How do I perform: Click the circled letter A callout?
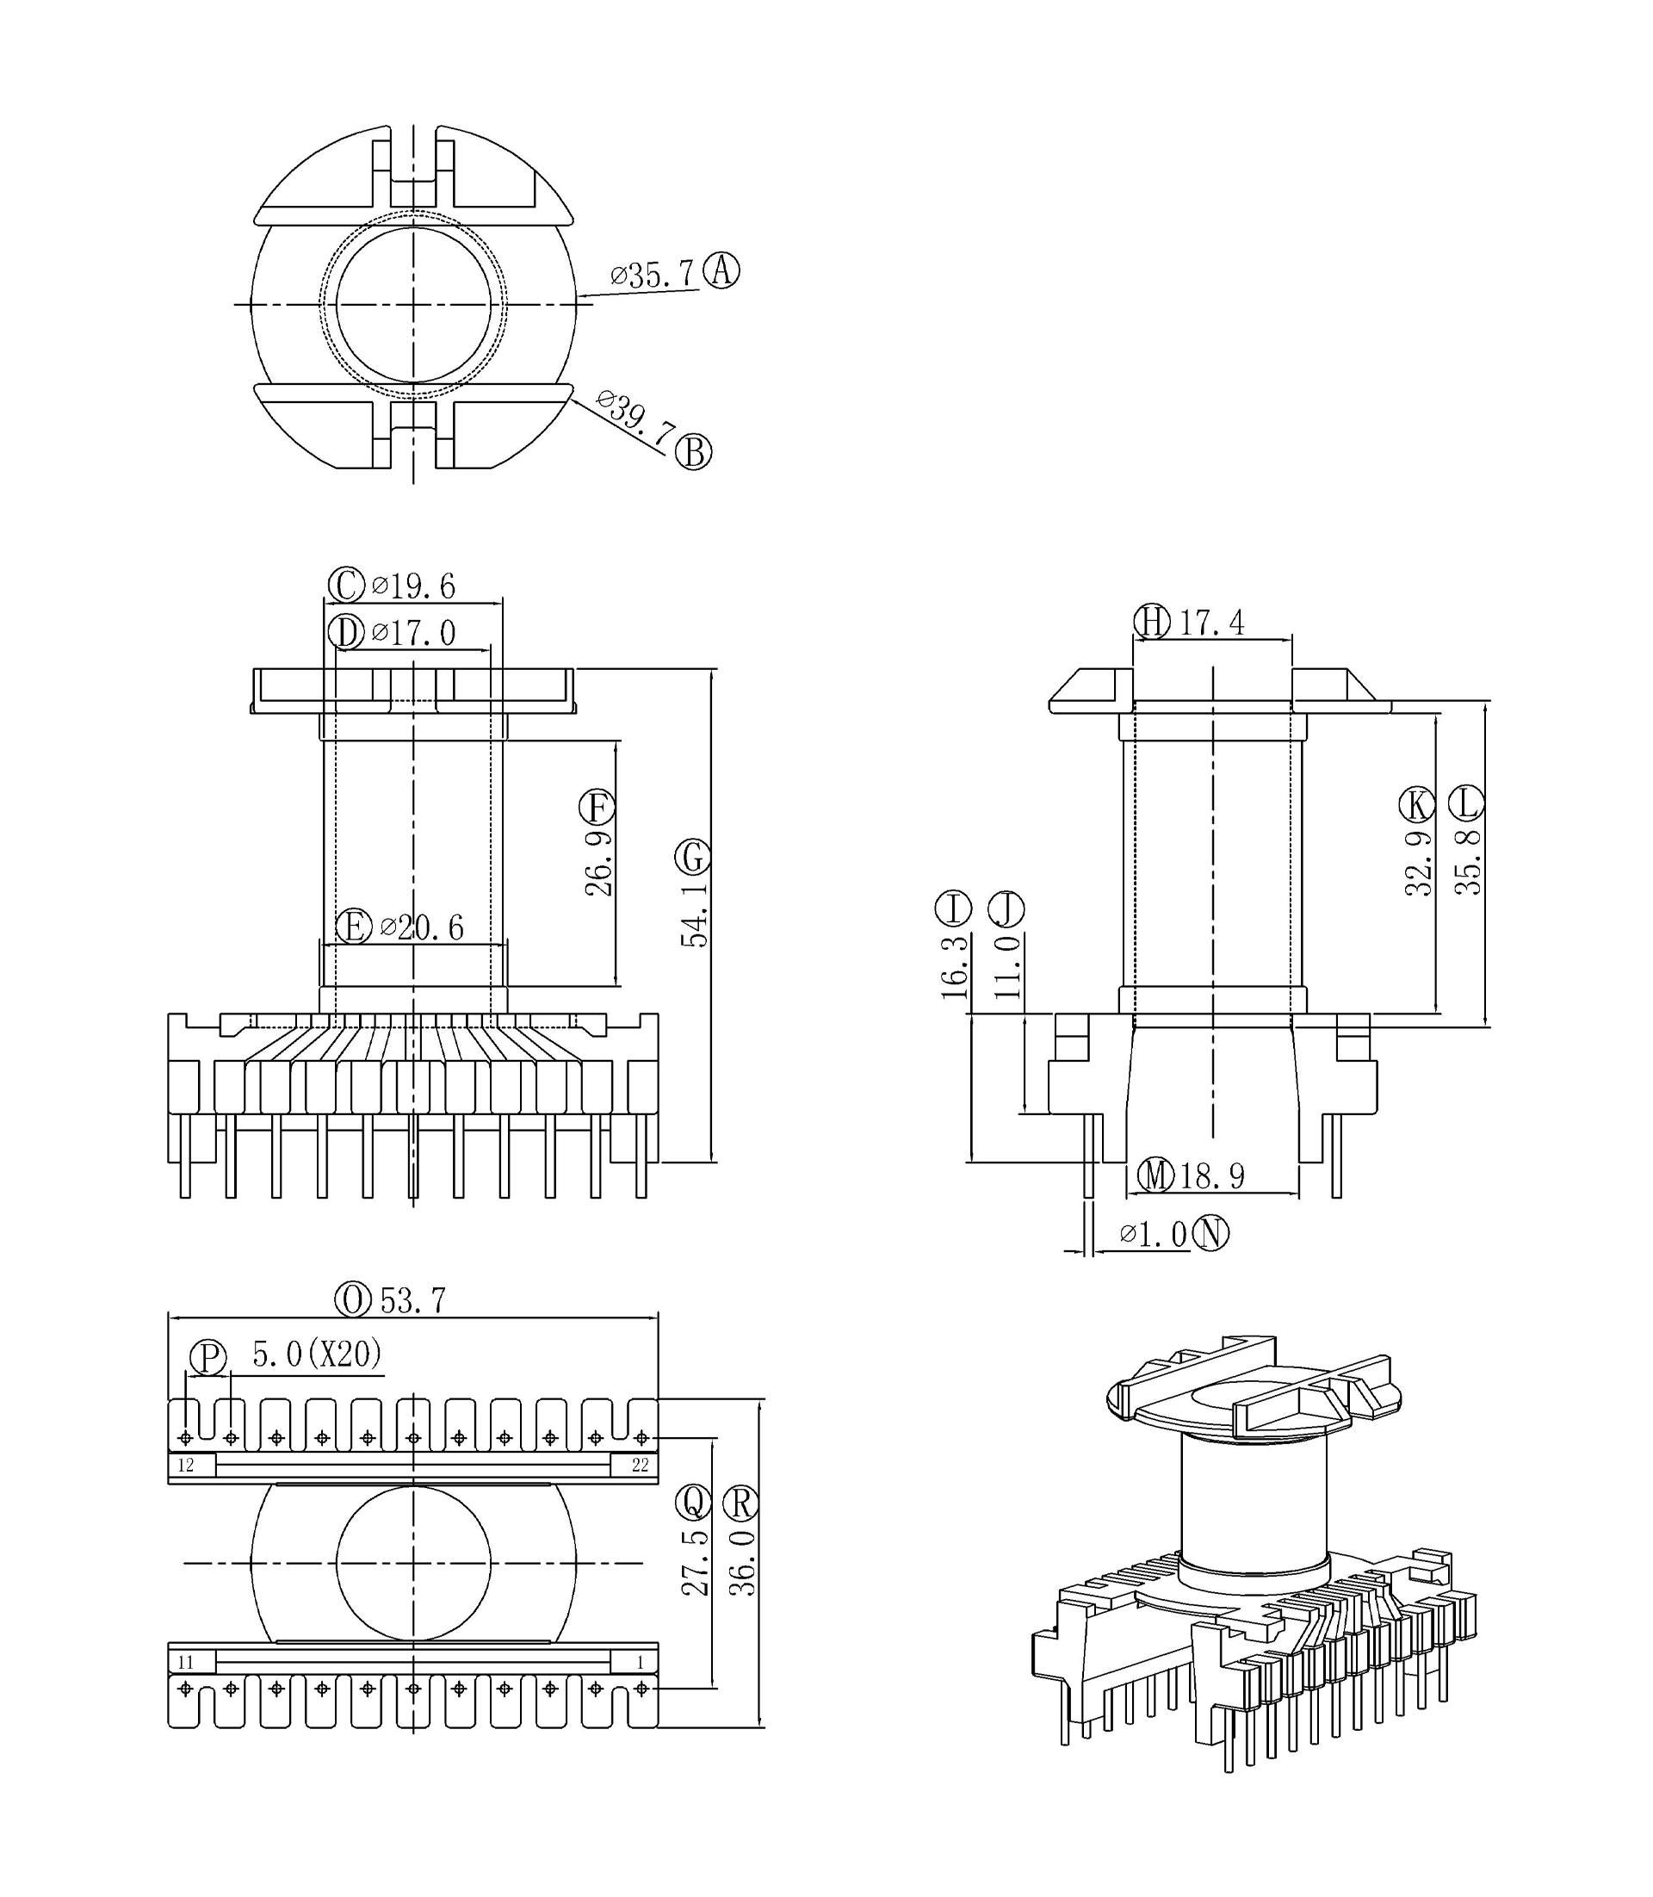coord(721,270)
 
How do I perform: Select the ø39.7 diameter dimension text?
coord(635,421)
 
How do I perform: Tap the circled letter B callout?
coord(694,452)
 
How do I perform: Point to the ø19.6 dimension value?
coord(413,586)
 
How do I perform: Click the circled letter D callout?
coord(347,633)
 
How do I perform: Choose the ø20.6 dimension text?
coord(422,927)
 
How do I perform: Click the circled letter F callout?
coord(597,809)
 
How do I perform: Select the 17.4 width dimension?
coord(1212,623)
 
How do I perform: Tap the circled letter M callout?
coord(1155,1175)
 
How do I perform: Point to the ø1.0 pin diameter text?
coord(1154,1235)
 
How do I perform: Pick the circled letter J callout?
coord(1006,908)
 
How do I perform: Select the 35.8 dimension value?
coord(1468,863)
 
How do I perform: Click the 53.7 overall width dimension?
coord(413,1301)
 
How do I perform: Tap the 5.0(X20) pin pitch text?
coord(317,1354)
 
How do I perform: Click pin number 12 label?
coord(186,1466)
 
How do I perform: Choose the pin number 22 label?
coord(641,1466)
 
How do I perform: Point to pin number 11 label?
coord(186,1663)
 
